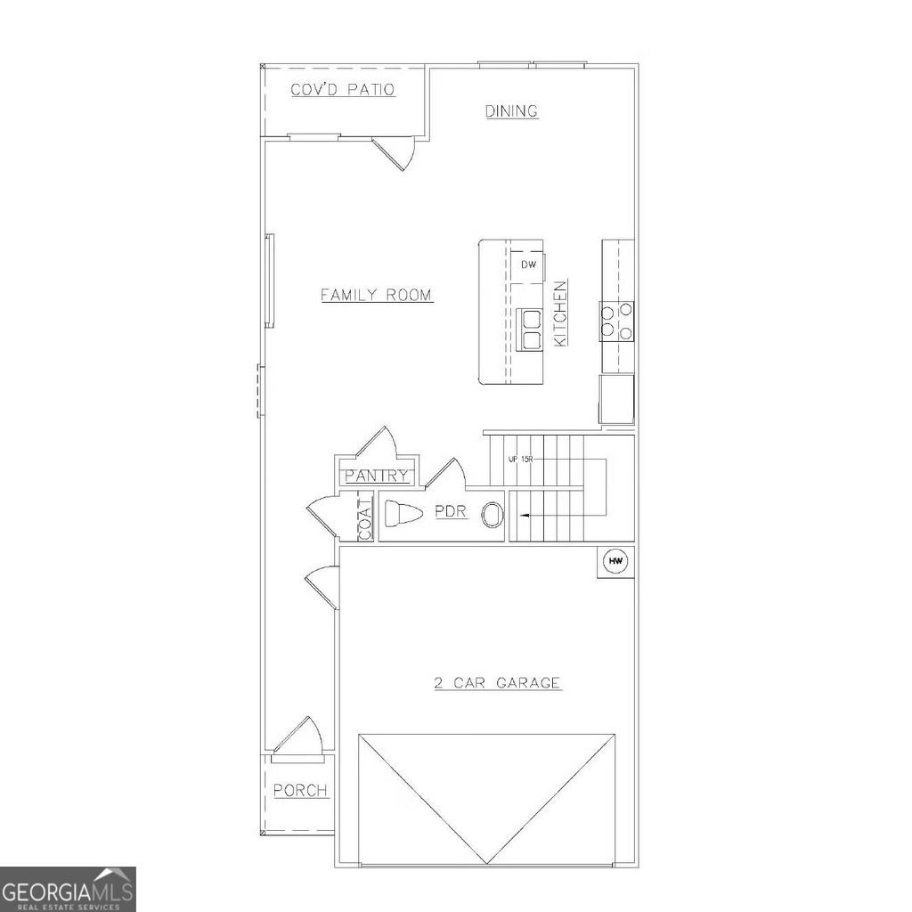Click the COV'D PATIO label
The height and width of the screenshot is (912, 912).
pos(343,90)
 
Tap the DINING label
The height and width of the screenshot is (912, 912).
pos(511,111)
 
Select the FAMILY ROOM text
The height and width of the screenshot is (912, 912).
pos(377,295)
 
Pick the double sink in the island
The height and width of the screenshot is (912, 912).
pos(532,330)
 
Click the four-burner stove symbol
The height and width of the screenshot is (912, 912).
pos(616,322)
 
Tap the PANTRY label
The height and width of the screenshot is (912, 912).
pos(377,476)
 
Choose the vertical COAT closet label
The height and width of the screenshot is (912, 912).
pos(364,519)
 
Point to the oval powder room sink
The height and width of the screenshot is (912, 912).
pos(491,514)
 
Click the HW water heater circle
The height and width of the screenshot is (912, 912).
pos(615,561)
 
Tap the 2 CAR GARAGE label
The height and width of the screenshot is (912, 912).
pos(497,683)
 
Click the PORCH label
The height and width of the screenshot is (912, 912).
pos(300,790)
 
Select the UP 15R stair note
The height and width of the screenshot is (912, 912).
pos(521,459)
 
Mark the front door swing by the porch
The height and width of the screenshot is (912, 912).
pos(298,738)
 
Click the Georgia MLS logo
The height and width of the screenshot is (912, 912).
pos(68,889)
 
